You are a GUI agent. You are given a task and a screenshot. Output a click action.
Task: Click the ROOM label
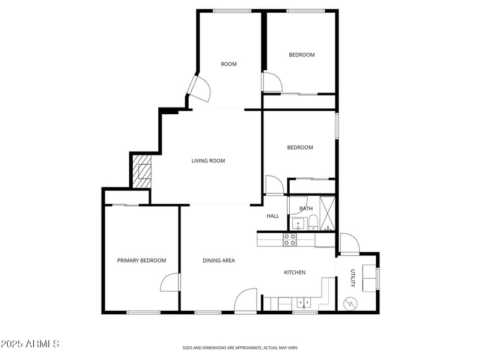pyautogui.click(x=228, y=64)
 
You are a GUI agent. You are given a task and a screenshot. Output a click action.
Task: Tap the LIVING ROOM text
pyautogui.click(x=208, y=160)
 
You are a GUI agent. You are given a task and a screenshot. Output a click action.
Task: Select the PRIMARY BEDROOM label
pyautogui.click(x=141, y=260)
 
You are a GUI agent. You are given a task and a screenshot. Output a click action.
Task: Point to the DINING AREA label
pyautogui.click(x=218, y=260)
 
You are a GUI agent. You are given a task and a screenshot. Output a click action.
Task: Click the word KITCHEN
pyautogui.click(x=295, y=272)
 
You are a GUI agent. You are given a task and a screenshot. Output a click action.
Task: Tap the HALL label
pyautogui.click(x=272, y=216)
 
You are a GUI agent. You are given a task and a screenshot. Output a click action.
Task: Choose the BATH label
pyautogui.click(x=306, y=209)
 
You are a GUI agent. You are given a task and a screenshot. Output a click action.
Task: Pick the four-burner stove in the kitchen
pyautogui.click(x=290, y=240)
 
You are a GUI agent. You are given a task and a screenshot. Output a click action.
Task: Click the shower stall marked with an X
pyautogui.click(x=328, y=214)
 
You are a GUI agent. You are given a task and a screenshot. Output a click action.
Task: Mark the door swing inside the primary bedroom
pyautogui.click(x=170, y=282)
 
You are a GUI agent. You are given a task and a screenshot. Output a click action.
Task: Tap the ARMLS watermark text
pyautogui.click(x=30, y=344)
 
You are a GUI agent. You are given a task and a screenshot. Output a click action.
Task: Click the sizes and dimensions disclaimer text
pyautogui.click(x=240, y=347)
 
